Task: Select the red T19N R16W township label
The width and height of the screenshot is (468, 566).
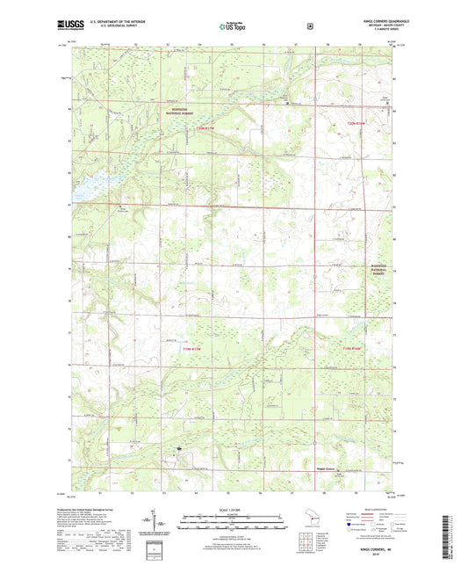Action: coord(352,350)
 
